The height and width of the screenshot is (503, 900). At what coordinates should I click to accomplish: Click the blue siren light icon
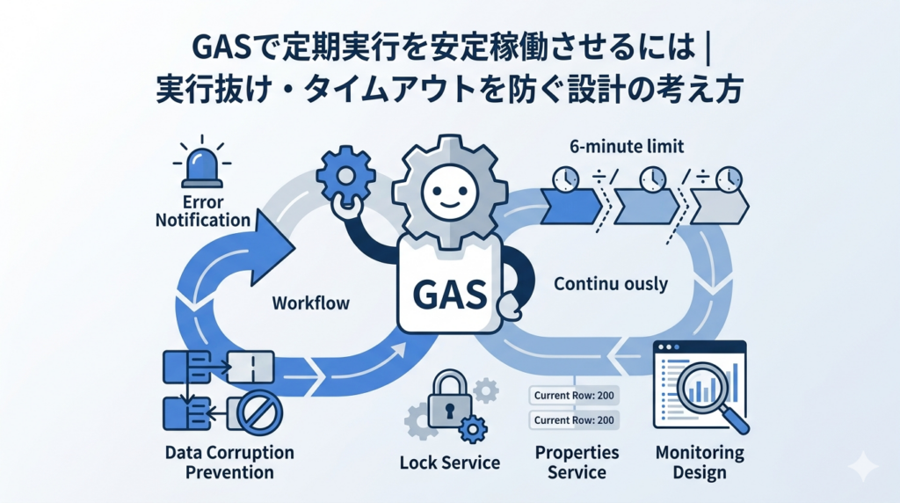click(201, 166)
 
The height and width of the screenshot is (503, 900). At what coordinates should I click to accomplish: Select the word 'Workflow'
click(311, 303)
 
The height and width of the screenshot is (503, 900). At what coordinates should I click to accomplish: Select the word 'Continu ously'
click(611, 284)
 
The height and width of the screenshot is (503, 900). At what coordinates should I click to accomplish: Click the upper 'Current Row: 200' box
click(573, 395)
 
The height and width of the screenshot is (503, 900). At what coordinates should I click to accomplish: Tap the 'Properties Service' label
click(577, 463)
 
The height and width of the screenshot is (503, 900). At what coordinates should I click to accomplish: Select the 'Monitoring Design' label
click(700, 463)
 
